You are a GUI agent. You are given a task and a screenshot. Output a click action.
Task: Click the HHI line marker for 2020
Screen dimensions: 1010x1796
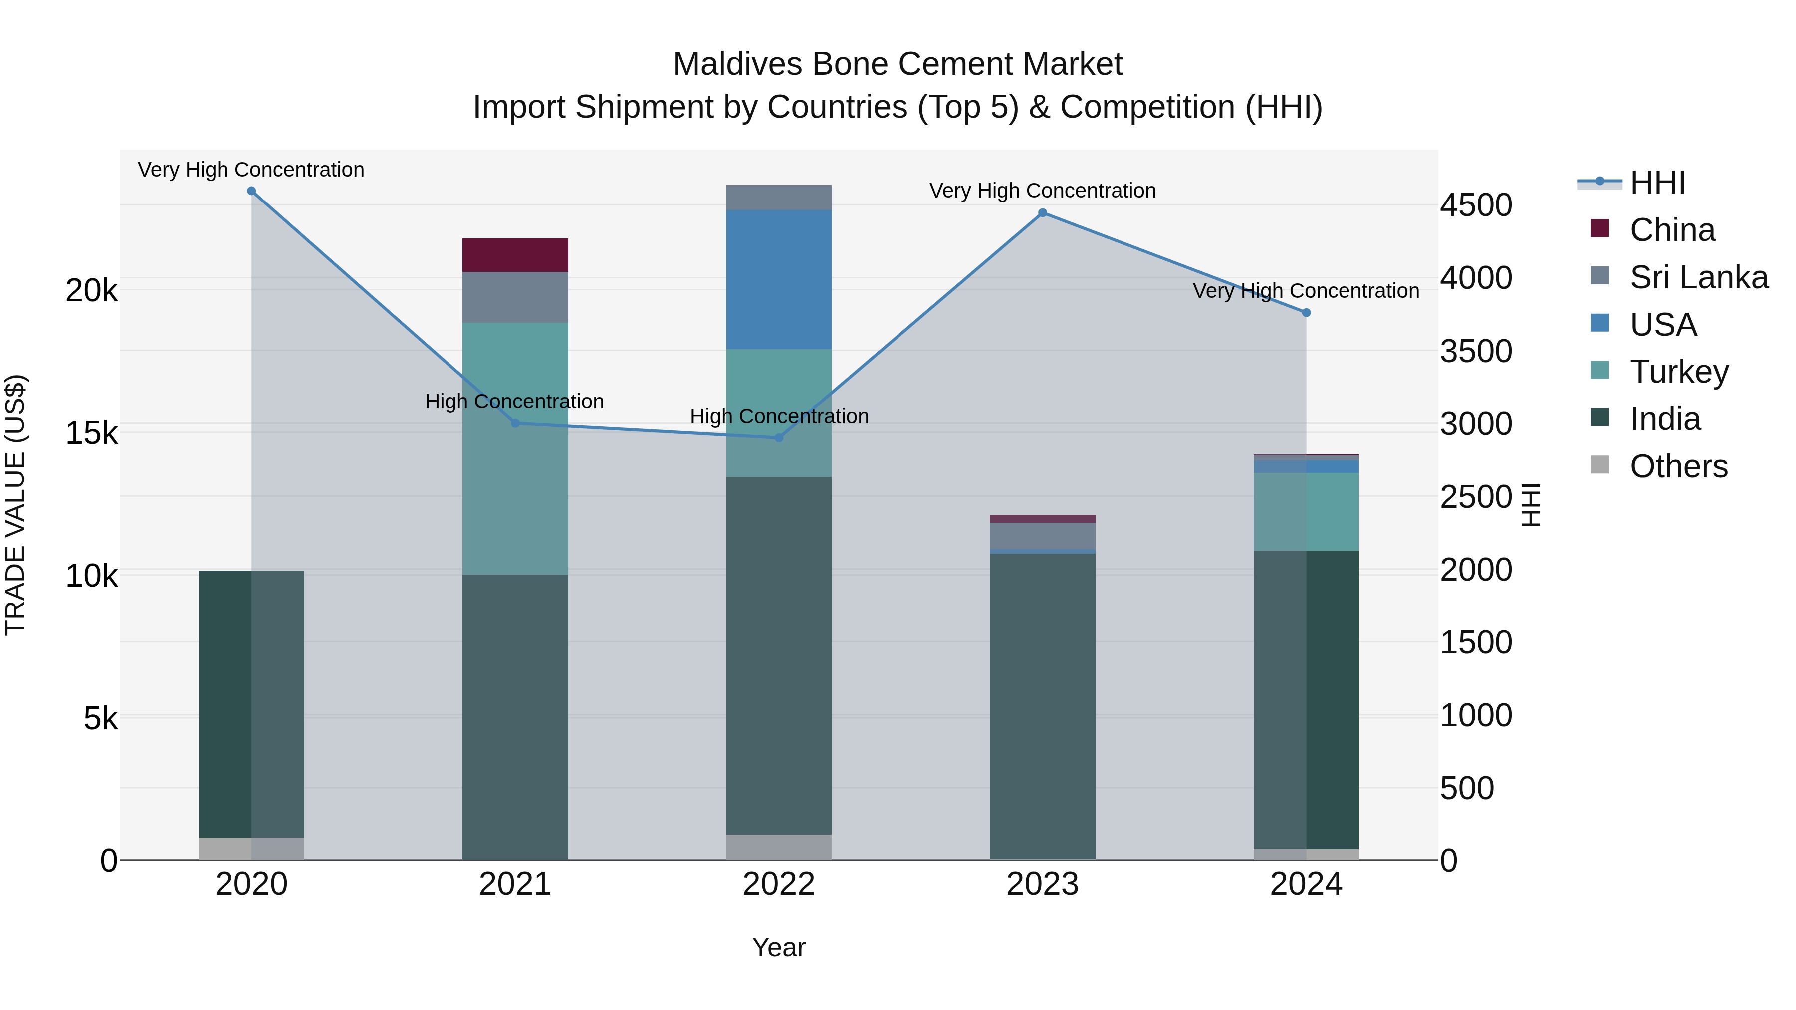point(252,191)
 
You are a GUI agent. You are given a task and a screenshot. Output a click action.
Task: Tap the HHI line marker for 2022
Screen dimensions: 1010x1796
point(779,438)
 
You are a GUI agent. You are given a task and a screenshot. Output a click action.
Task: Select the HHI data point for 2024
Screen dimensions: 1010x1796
point(1307,313)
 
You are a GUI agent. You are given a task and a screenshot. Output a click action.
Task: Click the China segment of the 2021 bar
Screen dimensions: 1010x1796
point(515,255)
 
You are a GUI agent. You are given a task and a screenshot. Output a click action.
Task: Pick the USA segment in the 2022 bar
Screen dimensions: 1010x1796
point(779,279)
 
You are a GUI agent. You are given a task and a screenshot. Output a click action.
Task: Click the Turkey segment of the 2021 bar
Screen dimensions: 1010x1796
point(515,448)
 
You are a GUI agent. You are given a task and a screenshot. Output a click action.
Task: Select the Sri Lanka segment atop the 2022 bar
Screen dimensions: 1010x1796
point(779,197)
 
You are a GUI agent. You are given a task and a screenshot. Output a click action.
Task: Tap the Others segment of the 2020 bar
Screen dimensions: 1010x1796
point(252,848)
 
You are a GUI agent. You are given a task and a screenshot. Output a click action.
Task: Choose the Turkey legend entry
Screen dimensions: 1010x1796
point(1678,372)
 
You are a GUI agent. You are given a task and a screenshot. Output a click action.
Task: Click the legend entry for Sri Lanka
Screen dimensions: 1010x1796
point(1698,277)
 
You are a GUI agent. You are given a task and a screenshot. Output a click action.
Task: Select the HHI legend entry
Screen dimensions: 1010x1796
point(1656,183)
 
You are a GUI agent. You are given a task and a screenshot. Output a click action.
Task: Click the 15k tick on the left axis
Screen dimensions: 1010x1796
point(91,433)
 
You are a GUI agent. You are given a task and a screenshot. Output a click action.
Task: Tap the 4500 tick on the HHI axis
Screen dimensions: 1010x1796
point(1475,205)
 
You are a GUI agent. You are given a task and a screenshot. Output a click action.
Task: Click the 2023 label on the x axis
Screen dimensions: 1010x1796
point(1042,884)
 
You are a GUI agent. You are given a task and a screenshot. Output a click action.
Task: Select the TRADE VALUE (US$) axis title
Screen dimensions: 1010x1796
point(15,505)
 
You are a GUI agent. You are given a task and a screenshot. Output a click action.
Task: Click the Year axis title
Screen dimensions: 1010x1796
point(779,947)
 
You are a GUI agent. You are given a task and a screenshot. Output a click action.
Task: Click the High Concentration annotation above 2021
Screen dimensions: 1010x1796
point(514,402)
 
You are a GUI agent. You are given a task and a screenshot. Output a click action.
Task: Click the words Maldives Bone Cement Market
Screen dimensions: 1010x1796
point(898,64)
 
